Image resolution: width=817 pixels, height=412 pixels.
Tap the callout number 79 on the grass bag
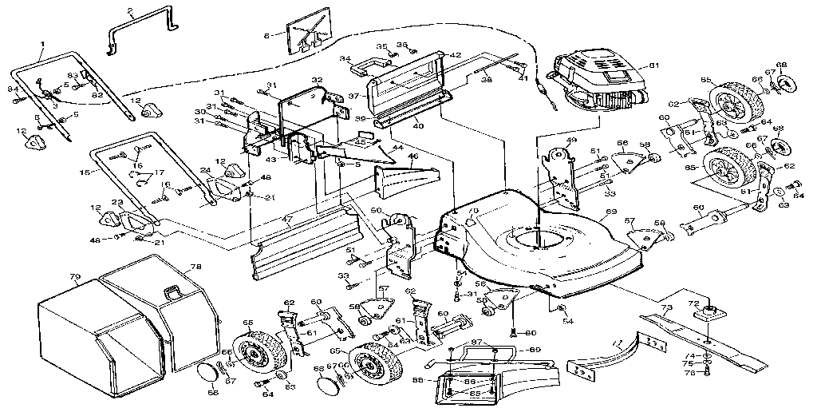[x=75, y=278]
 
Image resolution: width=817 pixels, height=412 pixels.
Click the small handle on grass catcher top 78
[x=170, y=292]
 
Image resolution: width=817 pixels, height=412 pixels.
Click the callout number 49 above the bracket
[x=570, y=141]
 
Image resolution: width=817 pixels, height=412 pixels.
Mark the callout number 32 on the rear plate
[x=317, y=81]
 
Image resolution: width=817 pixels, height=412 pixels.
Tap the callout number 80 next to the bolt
[x=531, y=332]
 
